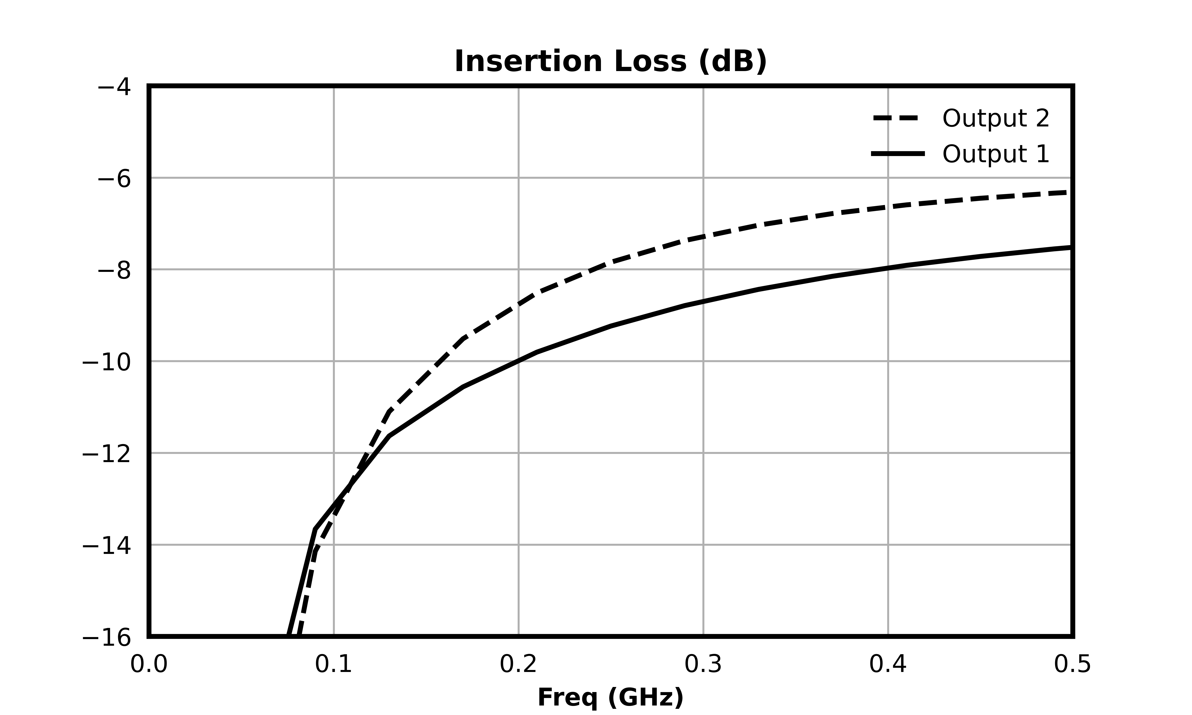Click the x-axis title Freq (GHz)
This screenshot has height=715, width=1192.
(x=610, y=698)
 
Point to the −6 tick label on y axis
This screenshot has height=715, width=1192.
(x=114, y=179)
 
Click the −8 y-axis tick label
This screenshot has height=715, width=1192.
(x=114, y=271)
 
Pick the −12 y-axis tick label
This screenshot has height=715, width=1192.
(x=106, y=454)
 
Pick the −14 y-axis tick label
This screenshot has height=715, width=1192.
(x=106, y=546)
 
